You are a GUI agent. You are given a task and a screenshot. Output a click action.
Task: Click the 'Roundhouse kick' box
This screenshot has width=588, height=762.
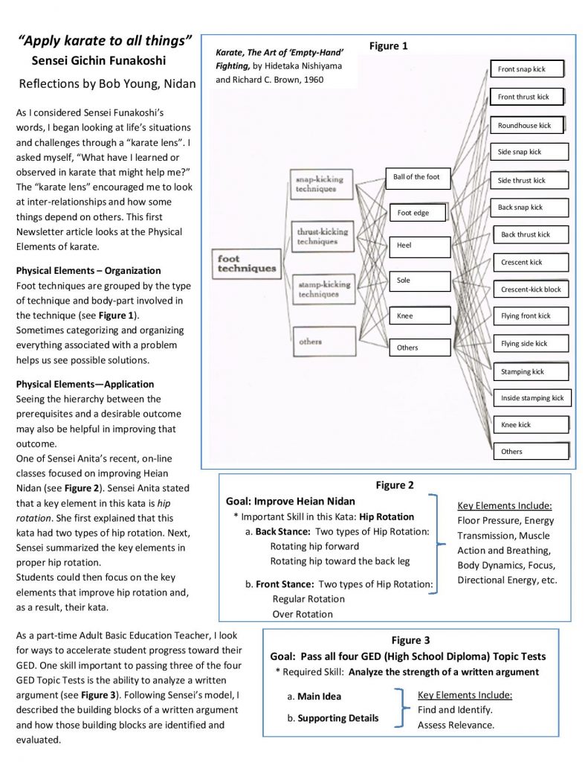click(x=527, y=125)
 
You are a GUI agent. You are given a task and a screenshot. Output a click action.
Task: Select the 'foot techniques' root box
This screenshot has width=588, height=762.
click(x=247, y=264)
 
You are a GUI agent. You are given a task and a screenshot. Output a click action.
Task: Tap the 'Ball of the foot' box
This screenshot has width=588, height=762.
click(x=418, y=178)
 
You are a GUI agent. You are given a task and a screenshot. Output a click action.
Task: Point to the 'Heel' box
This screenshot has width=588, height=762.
click(x=420, y=246)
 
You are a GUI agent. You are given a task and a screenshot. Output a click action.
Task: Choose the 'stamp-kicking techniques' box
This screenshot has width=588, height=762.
click(x=324, y=289)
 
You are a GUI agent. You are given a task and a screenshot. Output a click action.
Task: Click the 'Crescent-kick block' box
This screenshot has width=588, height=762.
click(x=532, y=289)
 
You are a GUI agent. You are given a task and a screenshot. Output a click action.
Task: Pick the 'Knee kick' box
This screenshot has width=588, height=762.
click(x=532, y=425)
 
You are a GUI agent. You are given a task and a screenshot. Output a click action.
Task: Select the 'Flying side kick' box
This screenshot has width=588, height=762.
click(x=532, y=344)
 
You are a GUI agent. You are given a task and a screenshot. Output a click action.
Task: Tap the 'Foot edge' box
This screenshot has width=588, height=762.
click(x=418, y=213)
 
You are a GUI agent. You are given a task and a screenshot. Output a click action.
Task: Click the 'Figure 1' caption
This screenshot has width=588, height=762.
click(x=389, y=46)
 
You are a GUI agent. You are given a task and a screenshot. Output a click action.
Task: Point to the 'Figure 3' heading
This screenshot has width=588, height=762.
click(x=411, y=641)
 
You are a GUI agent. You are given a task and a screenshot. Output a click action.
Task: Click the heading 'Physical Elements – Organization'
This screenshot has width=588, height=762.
click(x=88, y=271)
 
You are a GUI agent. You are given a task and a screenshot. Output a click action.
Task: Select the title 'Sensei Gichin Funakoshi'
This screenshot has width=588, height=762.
click(x=99, y=61)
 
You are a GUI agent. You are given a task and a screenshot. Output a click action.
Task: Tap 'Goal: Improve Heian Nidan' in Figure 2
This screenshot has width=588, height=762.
click(x=291, y=502)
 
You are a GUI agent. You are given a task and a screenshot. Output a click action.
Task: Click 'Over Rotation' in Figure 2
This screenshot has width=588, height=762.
click(x=303, y=614)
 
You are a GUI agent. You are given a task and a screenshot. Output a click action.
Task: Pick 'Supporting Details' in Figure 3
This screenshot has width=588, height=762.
click(x=338, y=718)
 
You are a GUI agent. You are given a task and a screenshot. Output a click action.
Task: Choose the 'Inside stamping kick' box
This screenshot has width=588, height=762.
click(x=533, y=398)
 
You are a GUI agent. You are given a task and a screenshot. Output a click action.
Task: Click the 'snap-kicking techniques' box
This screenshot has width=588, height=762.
click(x=321, y=185)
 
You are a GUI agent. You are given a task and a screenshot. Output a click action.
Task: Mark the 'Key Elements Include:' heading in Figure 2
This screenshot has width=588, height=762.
click(x=505, y=506)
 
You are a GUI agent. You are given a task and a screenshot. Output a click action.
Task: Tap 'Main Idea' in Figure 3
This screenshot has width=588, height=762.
click(x=319, y=697)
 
